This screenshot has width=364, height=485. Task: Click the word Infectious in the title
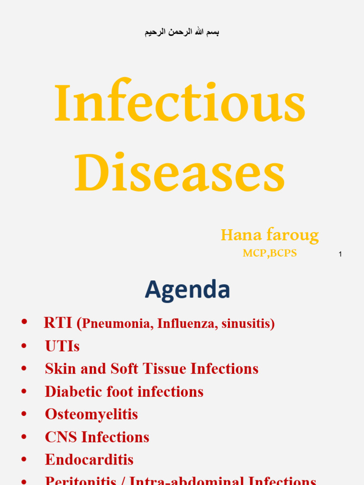pyautogui.click(x=180, y=104)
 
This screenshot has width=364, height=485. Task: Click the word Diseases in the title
pyautogui.click(x=180, y=172)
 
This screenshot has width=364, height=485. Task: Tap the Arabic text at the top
pyautogui.click(x=182, y=32)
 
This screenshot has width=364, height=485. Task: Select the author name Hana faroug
pyautogui.click(x=270, y=235)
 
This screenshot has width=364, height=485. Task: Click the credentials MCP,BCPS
pyautogui.click(x=270, y=253)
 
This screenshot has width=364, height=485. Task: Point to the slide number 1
pyautogui.click(x=340, y=255)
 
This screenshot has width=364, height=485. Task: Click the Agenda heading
pyautogui.click(x=187, y=289)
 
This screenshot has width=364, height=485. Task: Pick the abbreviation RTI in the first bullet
pyautogui.click(x=58, y=323)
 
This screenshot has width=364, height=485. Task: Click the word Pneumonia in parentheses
pyautogui.click(x=117, y=324)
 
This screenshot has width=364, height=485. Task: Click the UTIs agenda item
pyautogui.click(x=62, y=346)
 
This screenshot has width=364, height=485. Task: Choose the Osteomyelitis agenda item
pyautogui.click(x=91, y=414)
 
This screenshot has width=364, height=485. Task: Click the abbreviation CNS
pyautogui.click(x=61, y=437)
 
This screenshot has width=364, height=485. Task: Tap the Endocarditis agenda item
pyautogui.click(x=89, y=459)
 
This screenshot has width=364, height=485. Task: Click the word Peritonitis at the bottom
pyautogui.click(x=81, y=480)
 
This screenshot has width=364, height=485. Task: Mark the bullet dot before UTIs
pyautogui.click(x=24, y=346)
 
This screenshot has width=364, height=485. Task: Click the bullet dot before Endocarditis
pyautogui.click(x=24, y=459)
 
